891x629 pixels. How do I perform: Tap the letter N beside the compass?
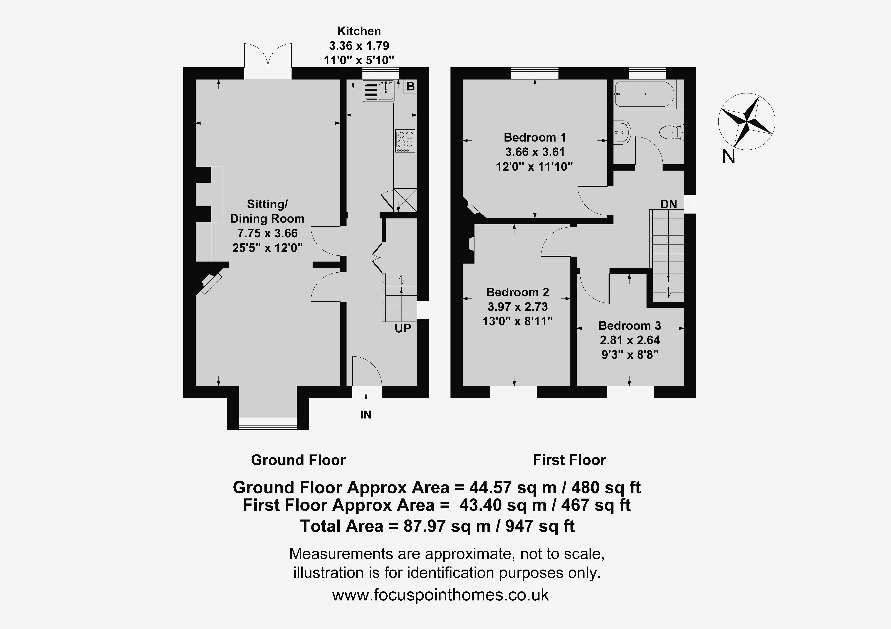click(x=728, y=157)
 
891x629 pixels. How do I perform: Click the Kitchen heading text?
click(x=359, y=31)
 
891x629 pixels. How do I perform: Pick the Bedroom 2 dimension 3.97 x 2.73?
click(x=518, y=307)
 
